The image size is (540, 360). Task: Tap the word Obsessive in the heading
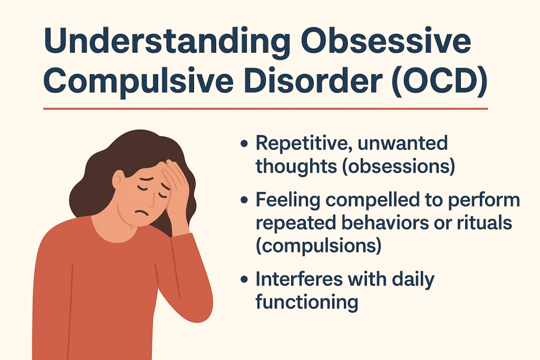[x=385, y=41]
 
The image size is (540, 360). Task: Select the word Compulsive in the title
[x=139, y=81]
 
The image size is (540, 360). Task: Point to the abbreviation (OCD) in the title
[x=439, y=81]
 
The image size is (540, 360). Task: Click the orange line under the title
[x=266, y=109]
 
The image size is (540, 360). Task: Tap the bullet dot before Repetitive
[x=244, y=143]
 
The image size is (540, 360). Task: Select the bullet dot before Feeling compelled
[x=244, y=200]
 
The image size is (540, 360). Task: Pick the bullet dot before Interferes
[x=244, y=279]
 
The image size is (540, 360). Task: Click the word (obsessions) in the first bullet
[x=399, y=166]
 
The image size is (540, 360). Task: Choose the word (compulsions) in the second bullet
[x=318, y=246]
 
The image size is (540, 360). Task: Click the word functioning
[x=307, y=302]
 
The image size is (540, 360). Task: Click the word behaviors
[x=385, y=222]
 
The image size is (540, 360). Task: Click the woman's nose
[x=149, y=198]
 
